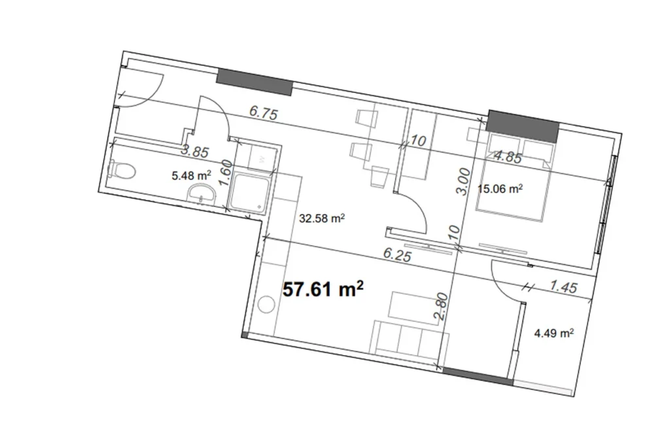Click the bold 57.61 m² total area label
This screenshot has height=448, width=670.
point(323,289)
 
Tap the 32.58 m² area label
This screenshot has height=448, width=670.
point(322,219)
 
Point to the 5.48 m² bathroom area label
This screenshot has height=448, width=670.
point(191,175)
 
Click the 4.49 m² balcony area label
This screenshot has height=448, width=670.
point(554,333)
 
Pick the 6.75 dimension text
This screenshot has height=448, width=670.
point(264,112)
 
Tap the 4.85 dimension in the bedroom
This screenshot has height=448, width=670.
point(507,157)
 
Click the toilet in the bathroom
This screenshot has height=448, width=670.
point(122,171)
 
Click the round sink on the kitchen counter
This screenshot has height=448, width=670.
point(266,305)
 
